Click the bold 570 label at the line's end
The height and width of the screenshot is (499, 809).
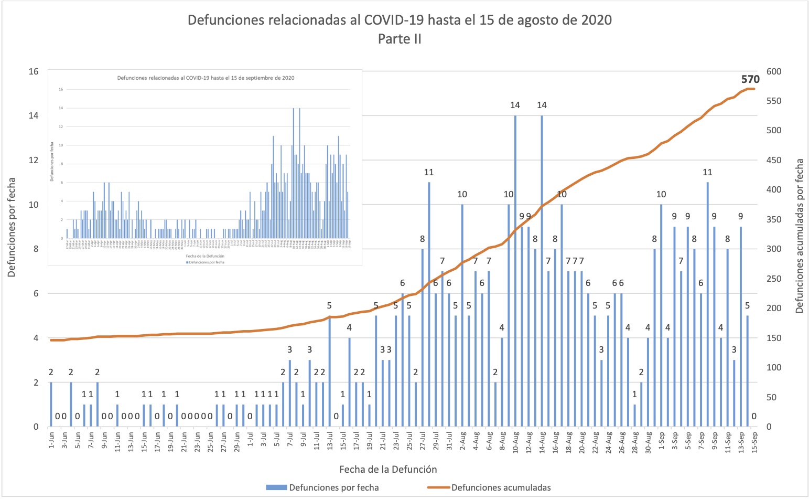[x=750, y=80]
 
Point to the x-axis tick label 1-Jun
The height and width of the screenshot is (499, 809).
[x=51, y=442]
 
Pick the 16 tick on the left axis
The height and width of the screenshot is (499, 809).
[x=33, y=71]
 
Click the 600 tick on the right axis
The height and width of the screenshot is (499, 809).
[x=774, y=71]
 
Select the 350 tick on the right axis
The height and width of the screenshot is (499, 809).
[x=774, y=220]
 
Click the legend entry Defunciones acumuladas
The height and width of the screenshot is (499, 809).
[x=501, y=487]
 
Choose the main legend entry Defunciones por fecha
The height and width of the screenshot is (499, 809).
[x=333, y=487]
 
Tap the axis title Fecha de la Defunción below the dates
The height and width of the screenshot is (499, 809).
[x=388, y=469]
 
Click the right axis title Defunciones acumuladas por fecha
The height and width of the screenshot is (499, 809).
[x=799, y=236]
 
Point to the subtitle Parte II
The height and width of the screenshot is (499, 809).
[x=400, y=39]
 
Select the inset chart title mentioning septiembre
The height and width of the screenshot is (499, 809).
[x=206, y=78]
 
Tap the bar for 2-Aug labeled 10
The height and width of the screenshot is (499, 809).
[x=462, y=315]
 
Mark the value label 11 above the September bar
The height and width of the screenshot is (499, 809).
[x=707, y=172]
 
